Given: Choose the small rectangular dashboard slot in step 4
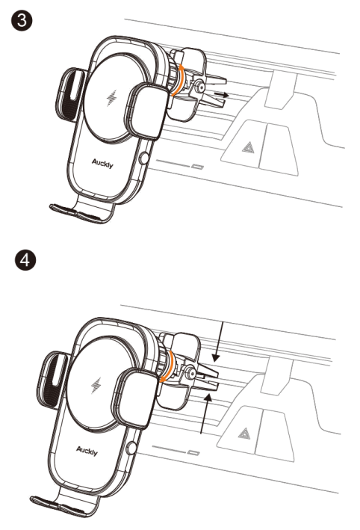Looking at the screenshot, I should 195,453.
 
